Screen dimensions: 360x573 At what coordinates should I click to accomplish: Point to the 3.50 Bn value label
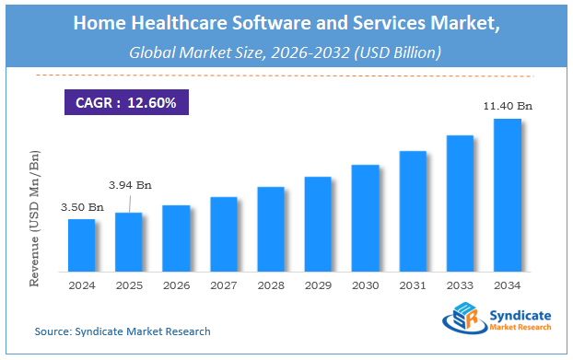pyautogui.click(x=82, y=209)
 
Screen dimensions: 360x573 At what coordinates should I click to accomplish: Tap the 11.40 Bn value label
pyautogui.click(x=508, y=107)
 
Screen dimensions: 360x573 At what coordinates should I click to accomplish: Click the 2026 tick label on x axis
pyautogui.click(x=176, y=285)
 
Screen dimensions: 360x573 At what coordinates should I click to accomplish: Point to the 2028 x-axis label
pyautogui.click(x=271, y=285)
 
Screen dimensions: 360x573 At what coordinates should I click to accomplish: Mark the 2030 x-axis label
pyautogui.click(x=366, y=285)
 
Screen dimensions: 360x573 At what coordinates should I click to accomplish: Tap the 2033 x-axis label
pyautogui.click(x=460, y=285)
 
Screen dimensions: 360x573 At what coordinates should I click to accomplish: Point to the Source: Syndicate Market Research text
pyautogui.click(x=123, y=331)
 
